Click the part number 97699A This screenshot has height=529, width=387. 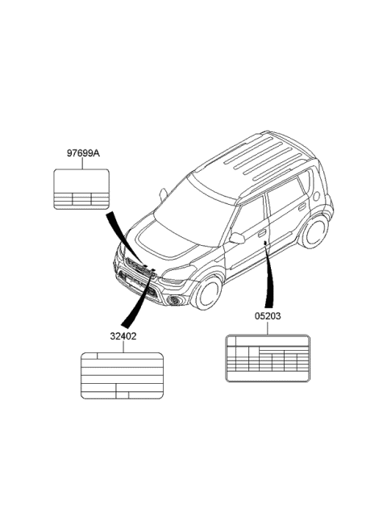point(83,153)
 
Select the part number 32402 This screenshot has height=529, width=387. point(123,336)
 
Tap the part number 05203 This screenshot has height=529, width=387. point(268,316)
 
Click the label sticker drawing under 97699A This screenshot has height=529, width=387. point(81,189)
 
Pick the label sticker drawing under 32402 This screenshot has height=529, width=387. point(122,376)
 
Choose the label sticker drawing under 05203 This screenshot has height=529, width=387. point(268,358)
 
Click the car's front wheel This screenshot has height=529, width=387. point(206,293)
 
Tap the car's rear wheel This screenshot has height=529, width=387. point(314,231)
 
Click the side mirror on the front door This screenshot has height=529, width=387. point(237,238)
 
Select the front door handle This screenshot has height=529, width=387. point(262,233)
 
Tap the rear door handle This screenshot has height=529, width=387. point(302,206)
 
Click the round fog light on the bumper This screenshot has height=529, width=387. point(174,299)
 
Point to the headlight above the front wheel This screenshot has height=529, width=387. point(178,273)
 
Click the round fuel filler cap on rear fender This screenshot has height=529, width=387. point(317,196)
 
